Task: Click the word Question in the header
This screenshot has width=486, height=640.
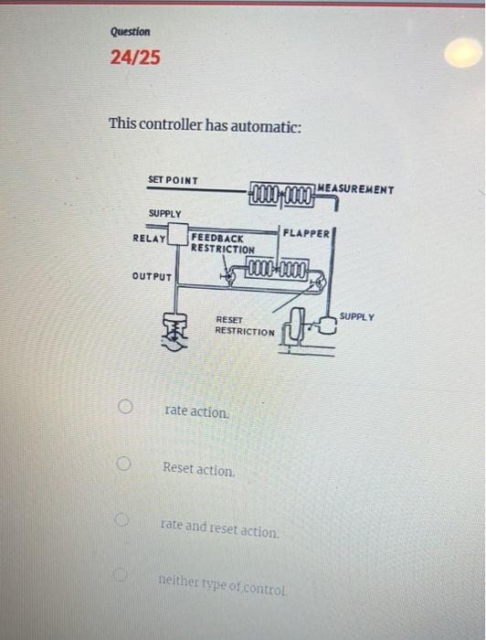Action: [x=130, y=31]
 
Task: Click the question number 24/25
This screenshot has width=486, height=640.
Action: [x=134, y=59]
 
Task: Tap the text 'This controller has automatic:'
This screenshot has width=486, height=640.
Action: [x=205, y=123]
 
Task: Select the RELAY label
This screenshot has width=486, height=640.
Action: [x=149, y=239]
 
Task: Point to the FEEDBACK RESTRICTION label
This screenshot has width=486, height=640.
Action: [x=223, y=243]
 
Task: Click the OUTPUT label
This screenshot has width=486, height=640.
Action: [x=151, y=275]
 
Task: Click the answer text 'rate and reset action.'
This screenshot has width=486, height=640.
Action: [x=218, y=528]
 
